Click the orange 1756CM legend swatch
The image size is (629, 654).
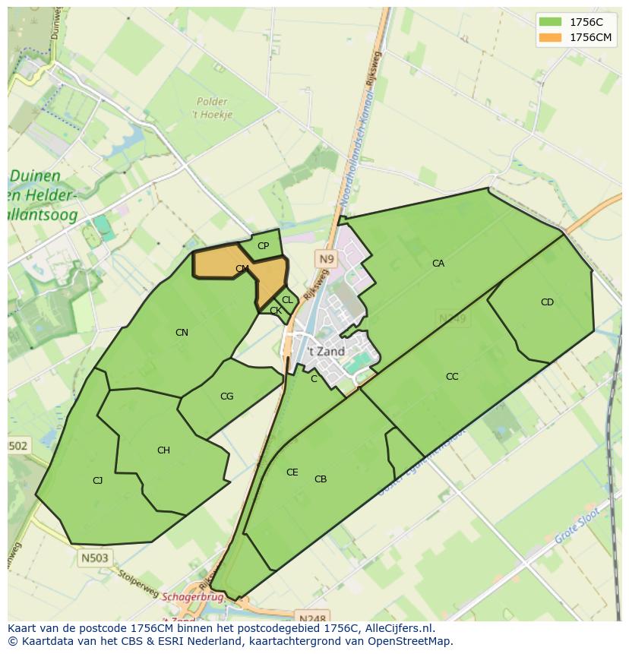coord(551,37)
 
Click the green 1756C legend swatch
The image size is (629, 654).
coord(551,22)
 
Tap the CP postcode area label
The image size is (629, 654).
coord(264,246)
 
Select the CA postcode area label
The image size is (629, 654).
coord(438,264)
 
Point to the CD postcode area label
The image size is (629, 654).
coord(547,302)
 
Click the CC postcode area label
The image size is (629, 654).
coord(452,377)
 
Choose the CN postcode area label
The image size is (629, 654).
coord(182,333)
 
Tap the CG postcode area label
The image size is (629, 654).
coord(226,397)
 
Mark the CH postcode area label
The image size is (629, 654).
coord(163,450)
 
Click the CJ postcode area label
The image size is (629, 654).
coord(97,481)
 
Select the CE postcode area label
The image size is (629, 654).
coord(292,472)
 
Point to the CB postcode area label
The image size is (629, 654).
coord(321,479)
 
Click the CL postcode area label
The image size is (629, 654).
coord(287,301)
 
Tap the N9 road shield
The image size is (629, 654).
coord(326,260)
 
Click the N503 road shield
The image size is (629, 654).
coord(94,558)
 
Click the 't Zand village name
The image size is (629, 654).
coord(327,352)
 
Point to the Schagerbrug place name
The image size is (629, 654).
coord(194,597)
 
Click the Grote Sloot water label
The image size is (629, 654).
coord(577,526)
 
